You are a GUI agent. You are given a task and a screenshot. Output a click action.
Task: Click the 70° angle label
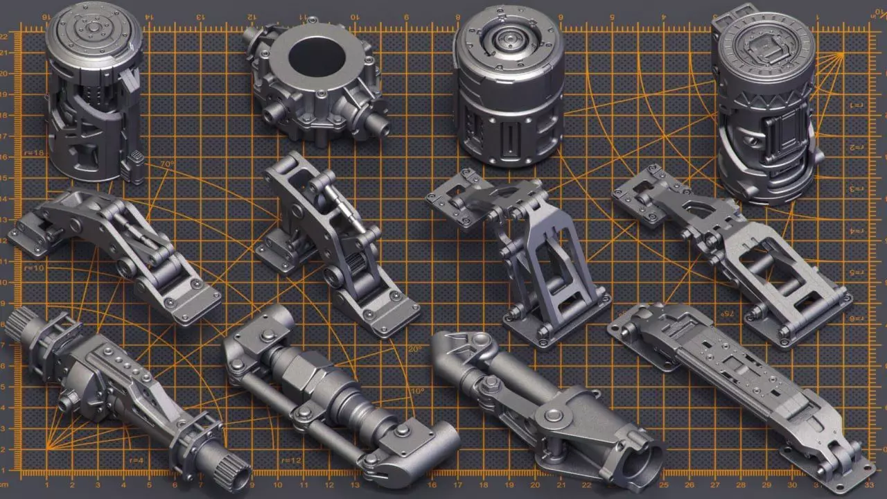point(166,164)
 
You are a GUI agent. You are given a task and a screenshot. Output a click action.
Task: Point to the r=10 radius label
point(33,268)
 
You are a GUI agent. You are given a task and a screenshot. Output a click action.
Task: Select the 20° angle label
point(414,349)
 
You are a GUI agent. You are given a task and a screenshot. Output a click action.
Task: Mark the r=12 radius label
point(291,460)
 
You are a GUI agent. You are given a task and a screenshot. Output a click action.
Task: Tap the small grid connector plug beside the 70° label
point(135,165)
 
